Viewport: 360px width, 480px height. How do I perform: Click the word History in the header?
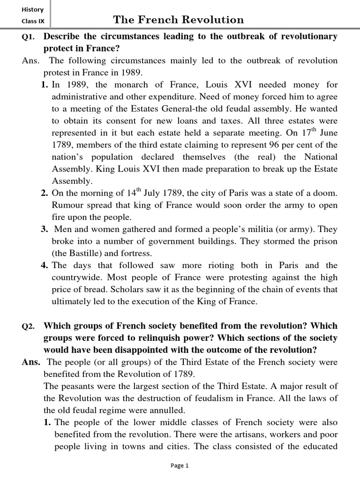pos(32,9)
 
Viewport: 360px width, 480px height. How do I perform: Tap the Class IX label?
pos(32,21)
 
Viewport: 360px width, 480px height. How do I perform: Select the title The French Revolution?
pos(178,20)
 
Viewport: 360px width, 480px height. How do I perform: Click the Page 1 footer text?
pos(180,465)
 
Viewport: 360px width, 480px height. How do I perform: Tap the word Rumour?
pos(67,205)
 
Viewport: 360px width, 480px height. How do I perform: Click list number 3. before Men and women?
pos(45,229)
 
